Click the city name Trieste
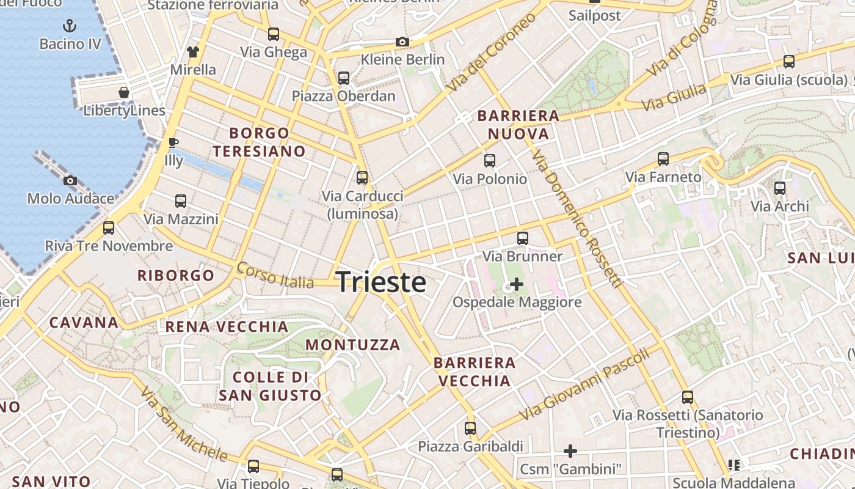(381, 282)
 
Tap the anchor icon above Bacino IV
(70, 26)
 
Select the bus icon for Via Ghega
(273, 34)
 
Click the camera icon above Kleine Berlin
(402, 42)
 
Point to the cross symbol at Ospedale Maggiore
(516, 284)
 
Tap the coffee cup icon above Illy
(173, 143)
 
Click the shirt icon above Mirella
(193, 52)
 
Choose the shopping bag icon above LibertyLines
(124, 92)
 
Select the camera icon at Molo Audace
(70, 180)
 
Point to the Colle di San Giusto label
(270, 386)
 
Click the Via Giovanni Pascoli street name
(584, 383)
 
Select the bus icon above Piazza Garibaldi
(470, 428)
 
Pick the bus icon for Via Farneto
(663, 159)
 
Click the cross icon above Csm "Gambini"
(570, 451)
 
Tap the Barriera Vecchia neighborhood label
(475, 372)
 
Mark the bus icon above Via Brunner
(522, 238)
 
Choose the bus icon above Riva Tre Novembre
(109, 228)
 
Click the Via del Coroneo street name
(491, 53)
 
